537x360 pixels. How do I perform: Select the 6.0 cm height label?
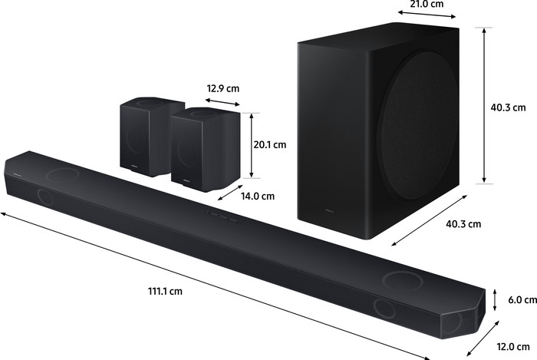[x=517, y=300]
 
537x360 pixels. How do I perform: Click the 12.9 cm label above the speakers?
[x=222, y=88]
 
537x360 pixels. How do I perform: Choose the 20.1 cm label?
[x=269, y=144]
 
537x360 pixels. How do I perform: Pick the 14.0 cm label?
[x=257, y=196]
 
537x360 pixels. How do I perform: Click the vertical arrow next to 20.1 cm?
[x=250, y=144]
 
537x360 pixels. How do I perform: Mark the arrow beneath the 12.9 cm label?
[x=222, y=101]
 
